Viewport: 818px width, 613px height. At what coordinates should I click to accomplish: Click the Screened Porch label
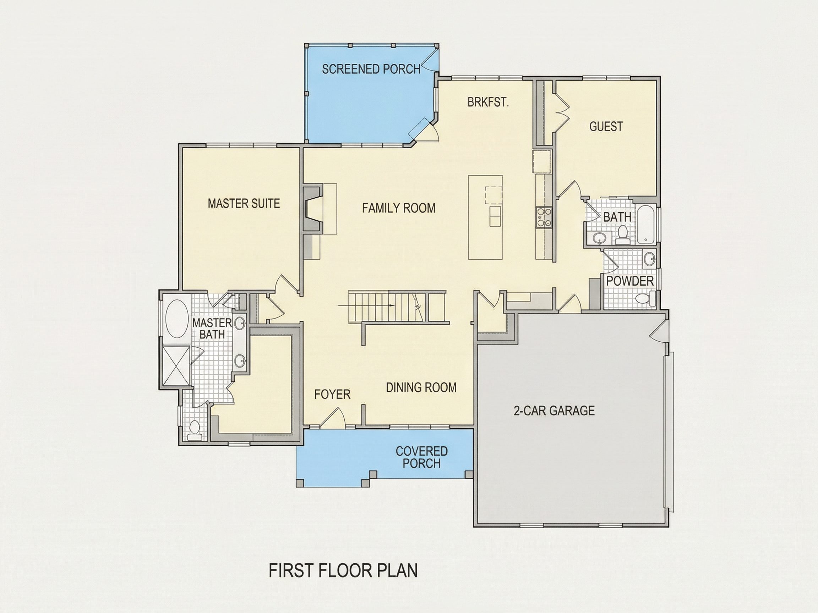(371, 69)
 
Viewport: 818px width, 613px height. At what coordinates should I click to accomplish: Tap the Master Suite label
(244, 203)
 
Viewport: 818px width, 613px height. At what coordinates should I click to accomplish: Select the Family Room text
(399, 208)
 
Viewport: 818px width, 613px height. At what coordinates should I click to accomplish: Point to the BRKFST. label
(488, 102)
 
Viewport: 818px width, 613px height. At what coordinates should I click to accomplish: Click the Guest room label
(606, 126)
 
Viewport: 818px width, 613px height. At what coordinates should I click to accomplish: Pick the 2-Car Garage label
(554, 410)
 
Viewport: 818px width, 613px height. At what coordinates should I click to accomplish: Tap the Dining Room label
(421, 387)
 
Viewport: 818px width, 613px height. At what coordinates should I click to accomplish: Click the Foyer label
(332, 394)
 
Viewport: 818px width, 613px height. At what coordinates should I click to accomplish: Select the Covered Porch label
(421, 457)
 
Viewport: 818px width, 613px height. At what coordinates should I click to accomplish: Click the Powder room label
(630, 281)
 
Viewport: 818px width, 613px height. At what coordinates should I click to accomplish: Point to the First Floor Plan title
(343, 570)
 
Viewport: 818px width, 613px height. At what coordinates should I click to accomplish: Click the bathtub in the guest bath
(646, 224)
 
